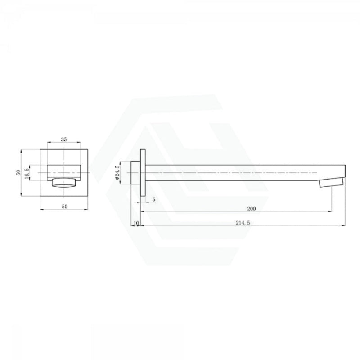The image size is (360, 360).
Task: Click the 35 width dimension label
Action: click(x=64, y=139)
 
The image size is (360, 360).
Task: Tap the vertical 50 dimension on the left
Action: click(x=18, y=173)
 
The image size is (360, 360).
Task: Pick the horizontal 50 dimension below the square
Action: click(x=65, y=207)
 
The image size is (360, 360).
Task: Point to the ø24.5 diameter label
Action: click(x=117, y=172)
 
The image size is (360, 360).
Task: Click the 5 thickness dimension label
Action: click(x=154, y=199)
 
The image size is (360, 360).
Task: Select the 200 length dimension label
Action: click(x=252, y=209)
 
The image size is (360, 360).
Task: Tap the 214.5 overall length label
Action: click(x=243, y=223)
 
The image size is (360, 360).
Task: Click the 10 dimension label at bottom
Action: click(x=136, y=223)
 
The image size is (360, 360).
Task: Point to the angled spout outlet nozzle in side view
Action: click(x=332, y=183)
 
